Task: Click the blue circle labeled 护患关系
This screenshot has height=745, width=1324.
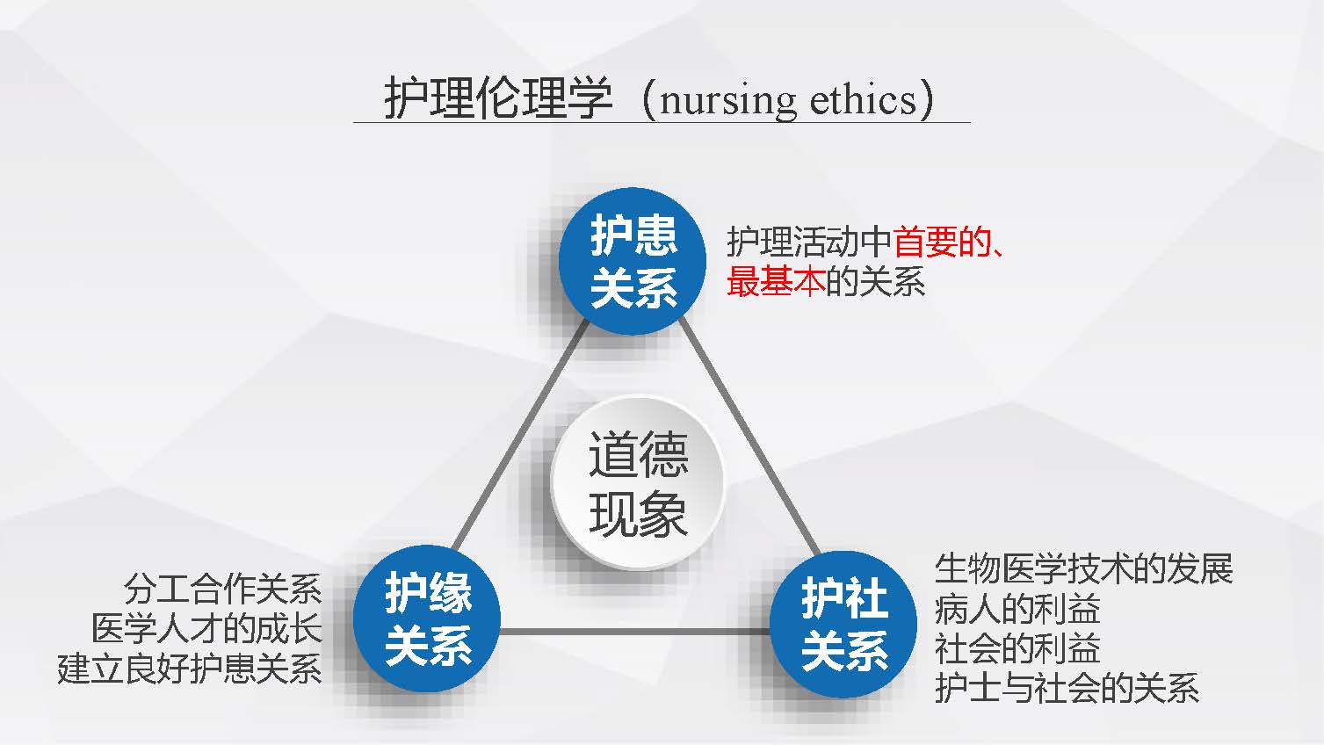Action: pos(633,261)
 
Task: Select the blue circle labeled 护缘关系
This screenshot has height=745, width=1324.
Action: pos(427,618)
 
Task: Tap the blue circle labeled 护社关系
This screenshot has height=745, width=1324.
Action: pos(843,625)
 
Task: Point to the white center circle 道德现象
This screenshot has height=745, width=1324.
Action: pos(637,482)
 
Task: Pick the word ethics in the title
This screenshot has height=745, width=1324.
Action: pos(863,98)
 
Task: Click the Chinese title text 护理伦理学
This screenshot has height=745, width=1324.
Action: pos(497,98)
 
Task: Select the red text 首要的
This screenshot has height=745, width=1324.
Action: pos(942,242)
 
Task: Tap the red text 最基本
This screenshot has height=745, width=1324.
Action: pos(776,281)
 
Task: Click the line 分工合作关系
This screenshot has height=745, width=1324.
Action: pos(223,589)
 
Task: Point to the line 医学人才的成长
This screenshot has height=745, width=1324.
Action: pos(206,628)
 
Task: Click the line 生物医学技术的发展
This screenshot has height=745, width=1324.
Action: pos(1083,569)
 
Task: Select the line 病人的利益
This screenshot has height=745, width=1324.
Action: pos(1017,609)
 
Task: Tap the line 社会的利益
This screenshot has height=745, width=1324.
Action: pos(1017,648)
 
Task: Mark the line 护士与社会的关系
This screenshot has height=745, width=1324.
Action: pos(1067,688)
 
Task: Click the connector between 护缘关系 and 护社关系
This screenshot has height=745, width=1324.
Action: pos(635,632)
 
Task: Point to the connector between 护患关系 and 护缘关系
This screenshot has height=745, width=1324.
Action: pos(520,435)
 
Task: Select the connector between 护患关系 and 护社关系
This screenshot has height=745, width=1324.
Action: pos(749,438)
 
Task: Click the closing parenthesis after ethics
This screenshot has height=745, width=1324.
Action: pos(928,98)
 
